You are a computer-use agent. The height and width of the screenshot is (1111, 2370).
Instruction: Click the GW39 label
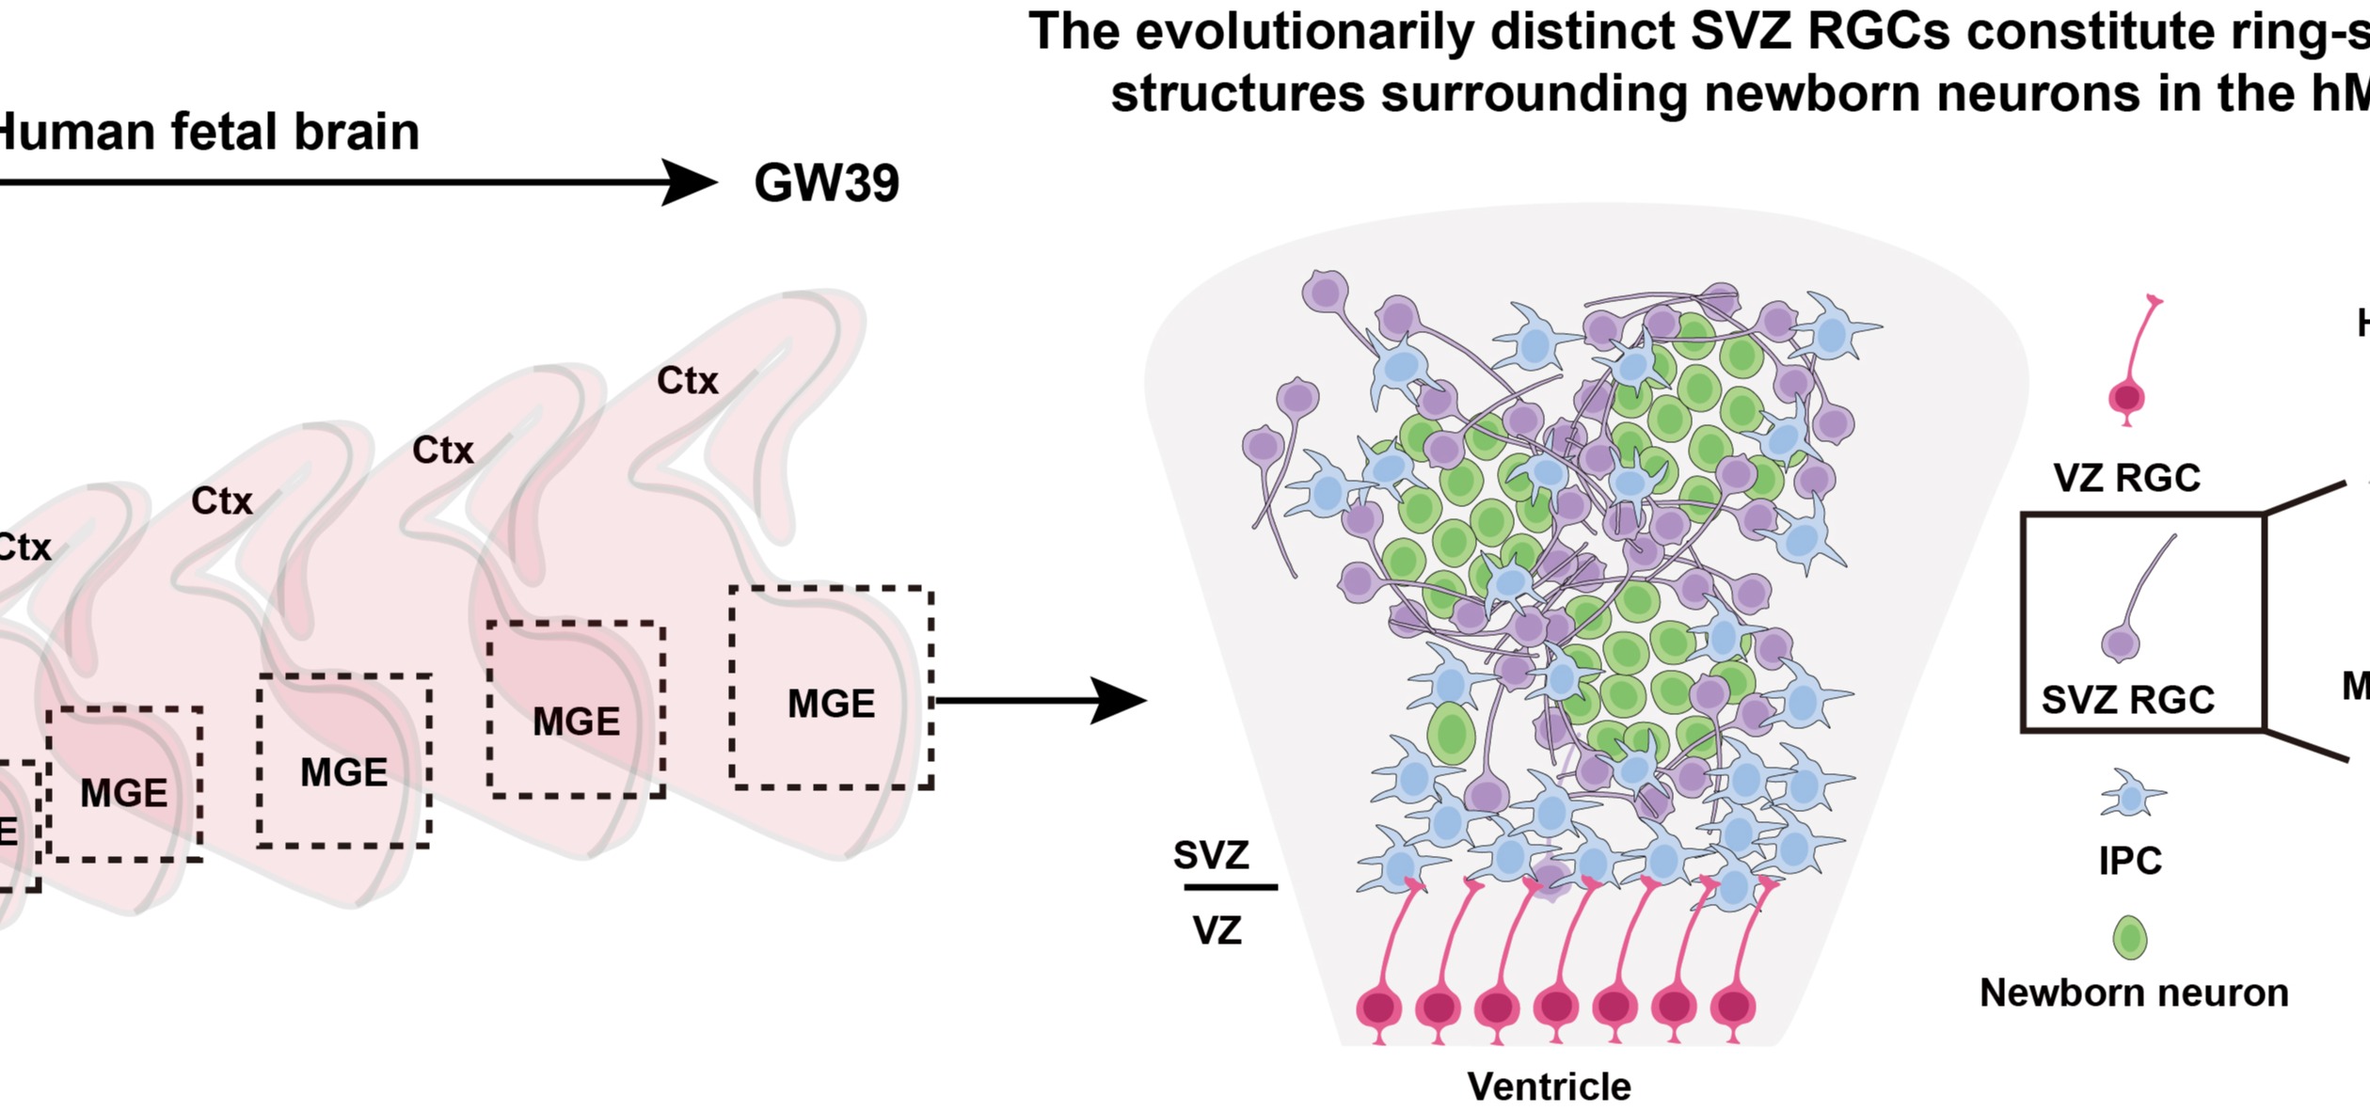[x=826, y=183]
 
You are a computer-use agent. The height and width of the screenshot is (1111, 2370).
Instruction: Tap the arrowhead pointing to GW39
[x=692, y=182]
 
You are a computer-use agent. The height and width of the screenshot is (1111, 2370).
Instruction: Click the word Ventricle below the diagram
[x=1549, y=1087]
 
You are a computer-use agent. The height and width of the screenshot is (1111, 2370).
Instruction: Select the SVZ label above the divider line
[x=1211, y=855]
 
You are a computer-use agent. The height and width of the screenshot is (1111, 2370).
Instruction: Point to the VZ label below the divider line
[x=1217, y=930]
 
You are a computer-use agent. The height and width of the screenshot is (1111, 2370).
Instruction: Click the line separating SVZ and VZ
[x=1230, y=887]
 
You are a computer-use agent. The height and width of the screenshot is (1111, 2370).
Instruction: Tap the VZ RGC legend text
[x=2126, y=478]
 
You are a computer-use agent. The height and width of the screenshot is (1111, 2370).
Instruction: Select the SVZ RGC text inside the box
[x=2127, y=700]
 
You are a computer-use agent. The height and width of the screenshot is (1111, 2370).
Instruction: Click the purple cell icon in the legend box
[x=2121, y=644]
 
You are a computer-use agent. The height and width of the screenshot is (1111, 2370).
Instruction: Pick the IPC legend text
[x=2130, y=861]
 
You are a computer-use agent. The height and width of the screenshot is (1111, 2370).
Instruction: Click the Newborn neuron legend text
[x=2133, y=993]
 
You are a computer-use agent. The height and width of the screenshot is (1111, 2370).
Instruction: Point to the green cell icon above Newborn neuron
[x=2130, y=938]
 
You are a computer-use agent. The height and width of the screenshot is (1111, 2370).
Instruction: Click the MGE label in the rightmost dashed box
[x=831, y=704]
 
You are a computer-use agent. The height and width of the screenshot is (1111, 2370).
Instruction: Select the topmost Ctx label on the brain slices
[x=687, y=381]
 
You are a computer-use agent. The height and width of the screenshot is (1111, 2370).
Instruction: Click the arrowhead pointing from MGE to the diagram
[x=1120, y=701]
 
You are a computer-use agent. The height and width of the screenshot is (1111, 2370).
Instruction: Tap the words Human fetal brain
[x=207, y=132]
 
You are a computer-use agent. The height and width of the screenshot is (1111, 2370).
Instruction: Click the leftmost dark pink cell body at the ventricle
[x=1378, y=1008]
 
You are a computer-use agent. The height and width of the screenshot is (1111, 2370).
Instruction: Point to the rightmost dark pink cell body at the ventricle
[x=1732, y=1007]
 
